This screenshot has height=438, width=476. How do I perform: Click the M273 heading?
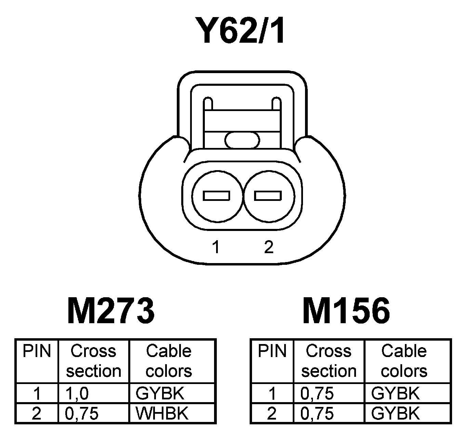[111, 311]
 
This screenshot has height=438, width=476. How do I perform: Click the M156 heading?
[346, 311]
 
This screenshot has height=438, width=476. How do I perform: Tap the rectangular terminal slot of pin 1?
[216, 196]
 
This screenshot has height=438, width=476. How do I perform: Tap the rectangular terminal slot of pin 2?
[268, 196]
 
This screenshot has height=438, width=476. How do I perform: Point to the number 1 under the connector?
[215, 247]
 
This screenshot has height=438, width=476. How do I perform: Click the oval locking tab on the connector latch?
[242, 140]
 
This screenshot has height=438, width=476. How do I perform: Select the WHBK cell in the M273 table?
[162, 413]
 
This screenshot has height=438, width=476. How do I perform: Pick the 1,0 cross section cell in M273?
[77, 394]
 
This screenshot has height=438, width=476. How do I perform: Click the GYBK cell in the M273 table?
[160, 394]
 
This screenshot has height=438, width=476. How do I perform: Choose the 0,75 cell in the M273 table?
[82, 413]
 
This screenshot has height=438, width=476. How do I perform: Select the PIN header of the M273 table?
[37, 351]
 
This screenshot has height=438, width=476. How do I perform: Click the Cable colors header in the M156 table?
[404, 361]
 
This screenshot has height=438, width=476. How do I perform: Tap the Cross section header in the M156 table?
[329, 361]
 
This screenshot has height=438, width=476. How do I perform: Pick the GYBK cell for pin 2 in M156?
[395, 413]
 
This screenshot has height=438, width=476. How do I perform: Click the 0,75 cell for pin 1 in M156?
[317, 394]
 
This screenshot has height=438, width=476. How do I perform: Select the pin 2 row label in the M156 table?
[272, 413]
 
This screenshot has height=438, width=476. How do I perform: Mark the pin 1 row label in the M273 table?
[37, 394]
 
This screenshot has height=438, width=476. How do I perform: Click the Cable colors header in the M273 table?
[169, 361]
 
